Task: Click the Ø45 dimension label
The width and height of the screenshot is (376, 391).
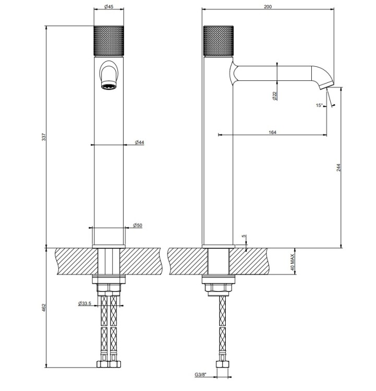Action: pos(109,6)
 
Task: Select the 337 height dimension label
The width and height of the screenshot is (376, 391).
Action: pos(44,137)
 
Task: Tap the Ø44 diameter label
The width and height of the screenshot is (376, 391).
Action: pos(139,142)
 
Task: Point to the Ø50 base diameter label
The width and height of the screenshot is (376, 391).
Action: pos(138,225)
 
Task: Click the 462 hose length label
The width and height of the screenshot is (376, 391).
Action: pos(44,308)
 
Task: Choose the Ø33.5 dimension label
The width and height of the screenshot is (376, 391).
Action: pos(85,303)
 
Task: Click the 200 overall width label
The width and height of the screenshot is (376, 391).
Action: pos(268,6)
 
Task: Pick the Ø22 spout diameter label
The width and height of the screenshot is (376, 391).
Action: pos(275,96)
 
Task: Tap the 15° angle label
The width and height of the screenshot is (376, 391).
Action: pos(319,105)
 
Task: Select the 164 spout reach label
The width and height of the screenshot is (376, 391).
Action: pos(272,132)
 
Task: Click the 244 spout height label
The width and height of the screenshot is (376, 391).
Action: pos(338,167)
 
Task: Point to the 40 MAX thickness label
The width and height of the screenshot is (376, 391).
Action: pos(293,263)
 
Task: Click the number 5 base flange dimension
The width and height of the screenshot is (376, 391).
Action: pos(244,236)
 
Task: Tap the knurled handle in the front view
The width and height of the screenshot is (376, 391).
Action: pos(109,41)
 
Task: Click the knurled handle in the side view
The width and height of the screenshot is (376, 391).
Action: pos(219,41)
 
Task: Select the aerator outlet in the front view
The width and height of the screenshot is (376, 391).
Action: pos(109,87)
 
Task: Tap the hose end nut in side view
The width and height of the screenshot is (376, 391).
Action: pos(223,364)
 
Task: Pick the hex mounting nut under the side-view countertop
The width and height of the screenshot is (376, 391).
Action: pos(219,287)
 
